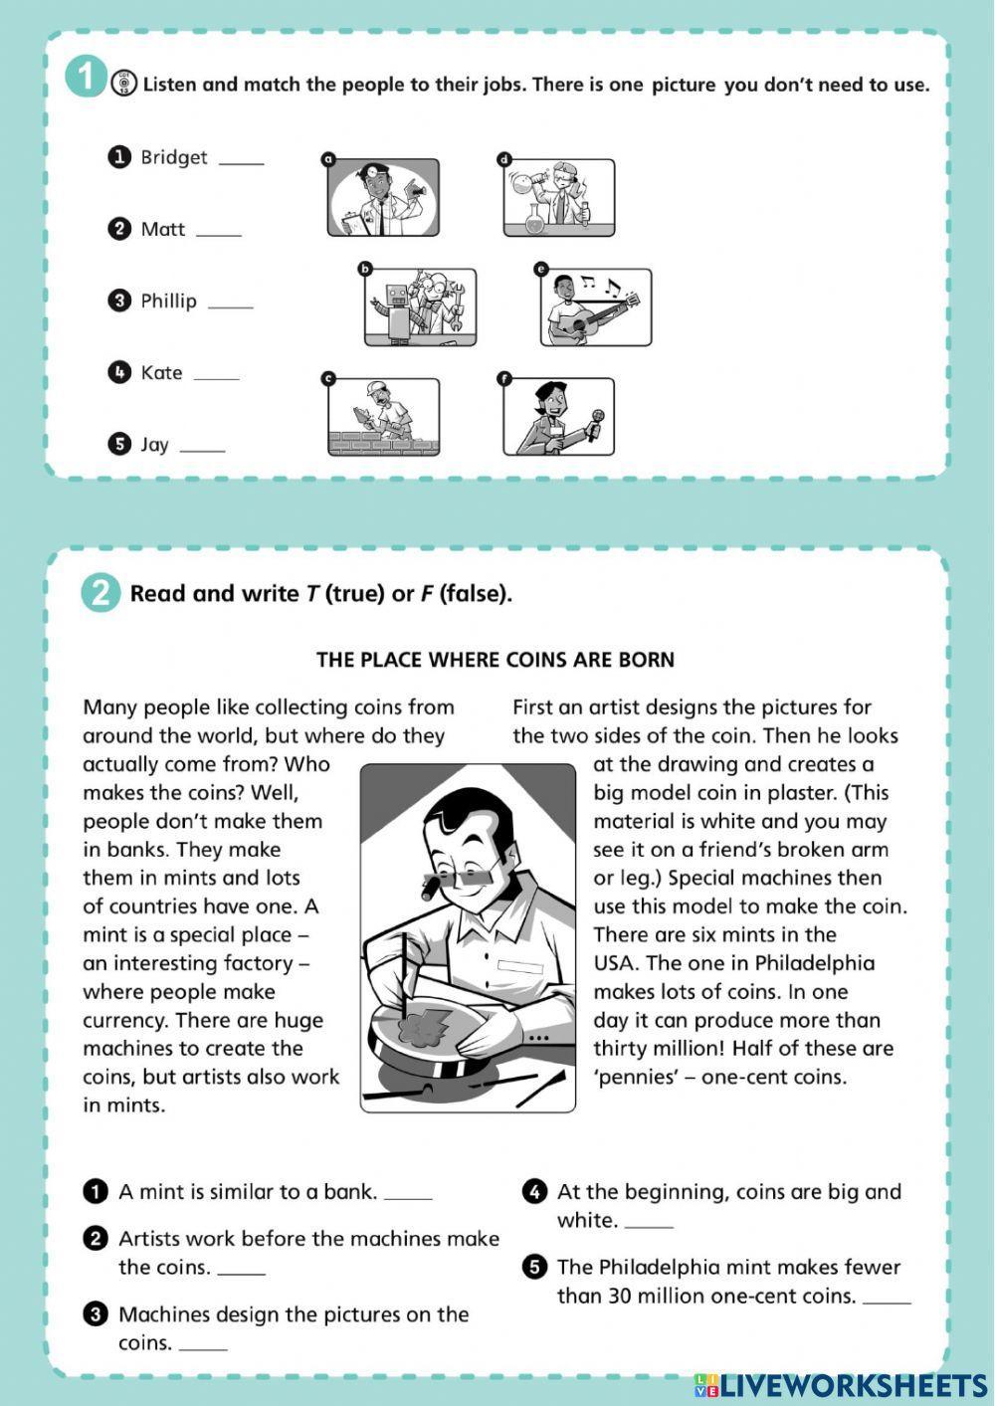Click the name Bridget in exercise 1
[173, 157]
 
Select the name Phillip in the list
[168, 301]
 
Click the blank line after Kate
[216, 375]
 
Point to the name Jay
[154, 445]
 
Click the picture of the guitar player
[596, 307]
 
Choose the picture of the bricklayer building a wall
[383, 417]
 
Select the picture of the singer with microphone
[558, 417]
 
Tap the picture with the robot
[420, 307]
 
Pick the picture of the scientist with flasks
[558, 197]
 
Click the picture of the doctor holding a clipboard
[383, 197]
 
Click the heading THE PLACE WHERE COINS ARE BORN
[496, 660]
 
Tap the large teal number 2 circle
[100, 593]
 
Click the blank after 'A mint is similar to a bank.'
[408, 1194]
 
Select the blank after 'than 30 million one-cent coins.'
[887, 1299]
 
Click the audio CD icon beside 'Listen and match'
[125, 84]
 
